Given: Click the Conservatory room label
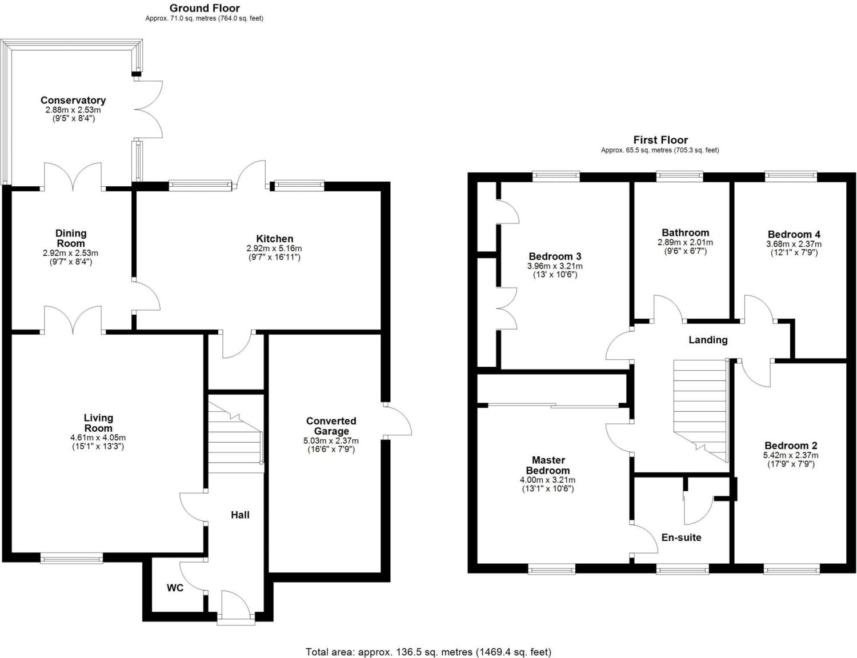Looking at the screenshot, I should point(73,101).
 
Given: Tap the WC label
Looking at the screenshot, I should point(175,588).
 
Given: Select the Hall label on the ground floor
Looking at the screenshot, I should point(240,515).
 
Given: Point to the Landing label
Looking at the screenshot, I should point(708,340).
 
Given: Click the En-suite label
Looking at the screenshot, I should point(681,537).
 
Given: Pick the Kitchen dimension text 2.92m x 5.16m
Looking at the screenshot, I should point(274,248).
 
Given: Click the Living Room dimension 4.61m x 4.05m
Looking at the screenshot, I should point(98,438).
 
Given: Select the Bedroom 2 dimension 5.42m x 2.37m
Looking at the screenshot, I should point(791,455).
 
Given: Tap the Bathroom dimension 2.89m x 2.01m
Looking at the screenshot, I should point(685,242).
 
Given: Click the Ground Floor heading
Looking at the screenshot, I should point(205,8).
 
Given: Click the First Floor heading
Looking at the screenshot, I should point(660,140).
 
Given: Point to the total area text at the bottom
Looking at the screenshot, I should point(428,652).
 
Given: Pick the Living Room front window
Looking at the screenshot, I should point(71,557).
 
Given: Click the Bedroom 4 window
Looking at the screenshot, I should point(791,176).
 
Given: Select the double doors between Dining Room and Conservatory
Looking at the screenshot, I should point(73,177).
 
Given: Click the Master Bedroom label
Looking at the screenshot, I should point(548,465).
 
